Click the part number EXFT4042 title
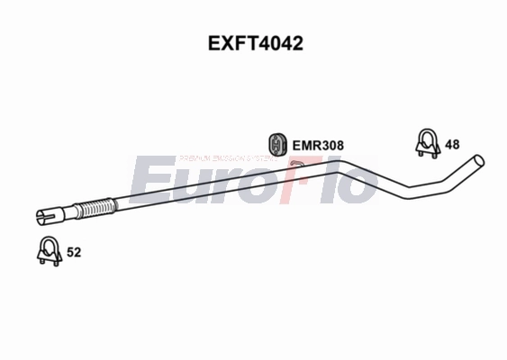tap(253, 42)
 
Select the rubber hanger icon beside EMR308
tap(278, 143)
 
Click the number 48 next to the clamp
tap(452, 144)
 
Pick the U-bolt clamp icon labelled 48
tap(426, 141)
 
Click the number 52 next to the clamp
tap(74, 253)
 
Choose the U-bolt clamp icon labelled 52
tap(48, 252)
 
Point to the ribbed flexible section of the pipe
tap(93, 209)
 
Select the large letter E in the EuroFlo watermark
tap(149, 180)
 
